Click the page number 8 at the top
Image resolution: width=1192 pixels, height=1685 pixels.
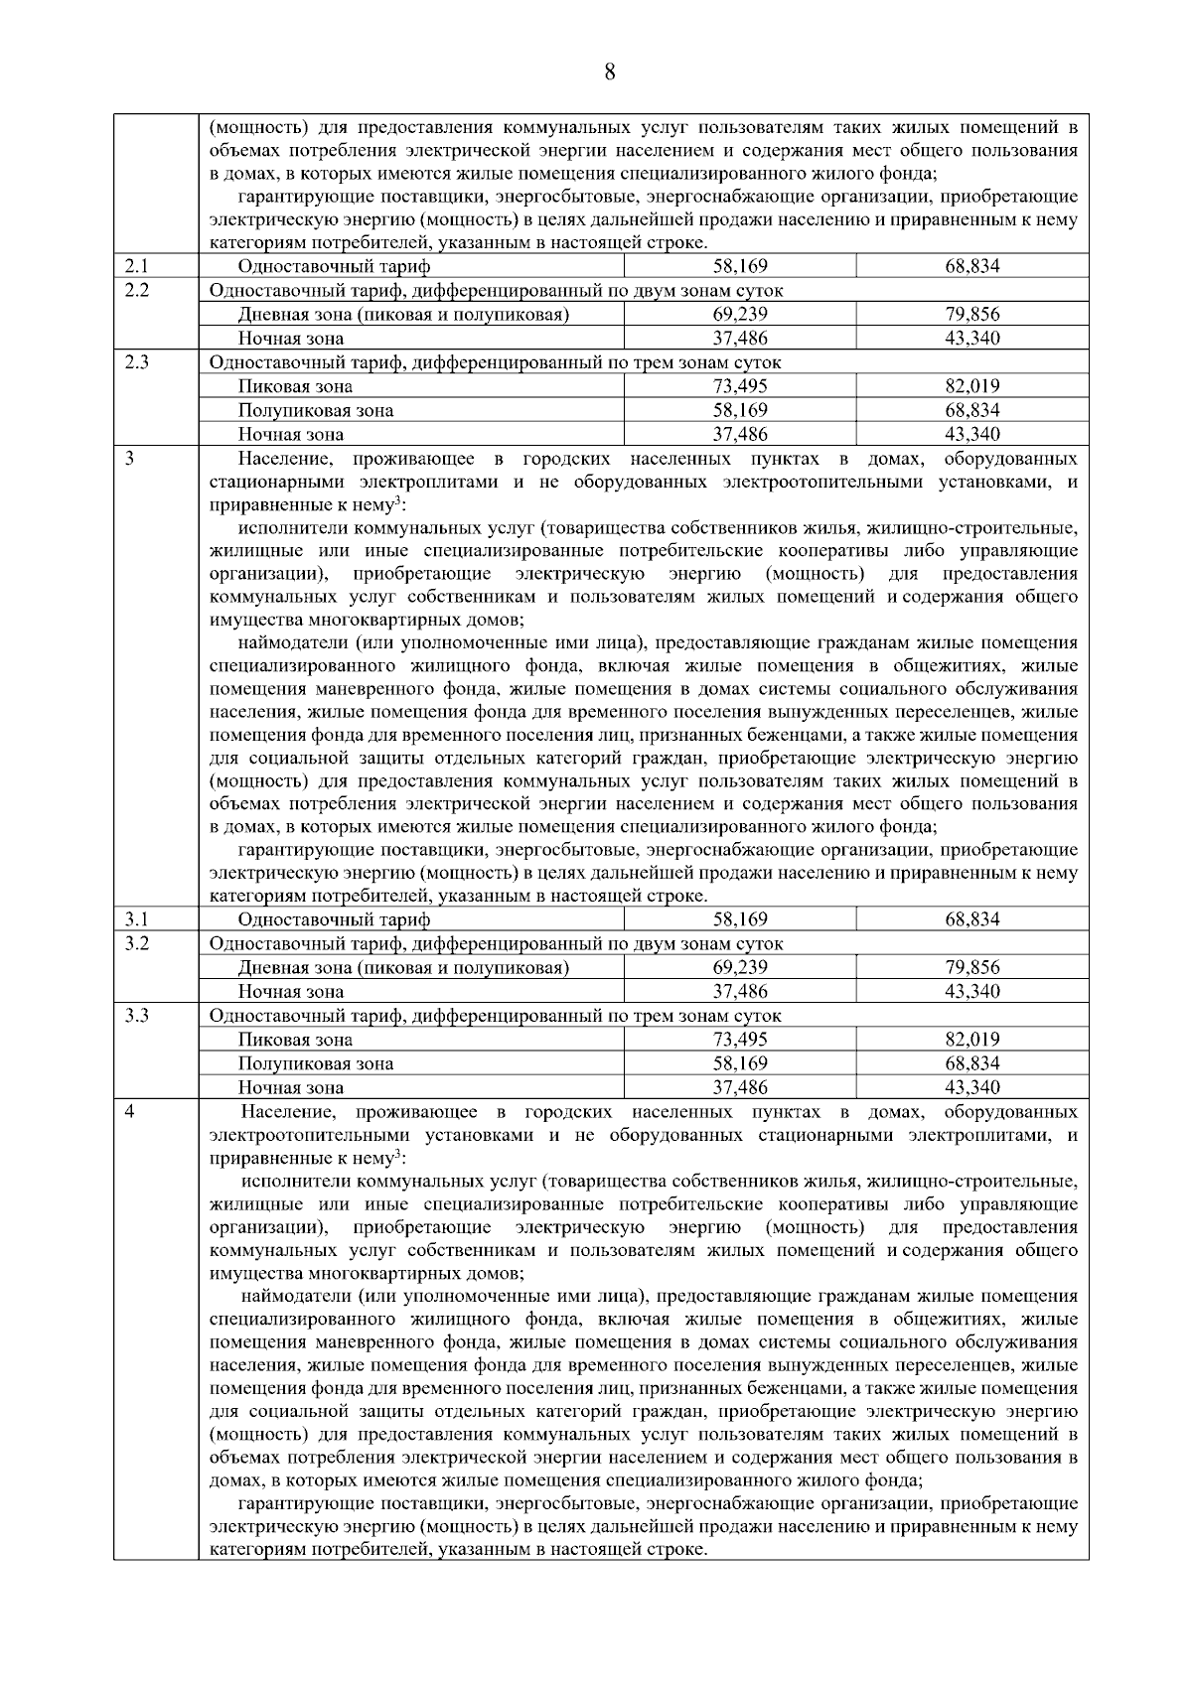[x=609, y=71]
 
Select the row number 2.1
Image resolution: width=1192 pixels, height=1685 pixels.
[x=136, y=266]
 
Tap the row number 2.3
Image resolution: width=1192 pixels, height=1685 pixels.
[x=137, y=361]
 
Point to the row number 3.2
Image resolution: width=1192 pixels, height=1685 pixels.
[x=137, y=943]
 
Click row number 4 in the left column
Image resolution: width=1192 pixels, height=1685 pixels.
[x=129, y=1111]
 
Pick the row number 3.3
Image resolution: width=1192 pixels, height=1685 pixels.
[x=137, y=1015]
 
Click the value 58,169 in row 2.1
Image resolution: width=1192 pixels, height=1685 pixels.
[x=740, y=266]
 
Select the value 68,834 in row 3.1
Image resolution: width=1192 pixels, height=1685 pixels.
[x=971, y=919]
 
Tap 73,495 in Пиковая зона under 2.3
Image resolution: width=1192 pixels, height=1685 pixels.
[x=740, y=386]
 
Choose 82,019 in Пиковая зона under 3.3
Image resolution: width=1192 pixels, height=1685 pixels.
[x=971, y=1040]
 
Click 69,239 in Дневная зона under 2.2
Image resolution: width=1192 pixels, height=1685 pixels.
[x=740, y=315]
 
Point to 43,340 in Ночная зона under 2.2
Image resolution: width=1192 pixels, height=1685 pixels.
[x=971, y=339]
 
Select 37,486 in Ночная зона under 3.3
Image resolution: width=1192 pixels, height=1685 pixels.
[x=740, y=1087]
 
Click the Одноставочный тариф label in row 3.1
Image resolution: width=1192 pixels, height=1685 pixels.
[x=334, y=919]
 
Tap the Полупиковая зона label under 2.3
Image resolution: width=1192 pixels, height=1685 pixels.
[x=315, y=410]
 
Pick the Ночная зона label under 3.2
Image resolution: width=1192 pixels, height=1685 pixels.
[x=290, y=992]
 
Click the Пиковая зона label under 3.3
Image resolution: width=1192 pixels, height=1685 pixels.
[x=294, y=1040]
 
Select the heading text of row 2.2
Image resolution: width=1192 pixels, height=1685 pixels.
[x=496, y=291]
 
